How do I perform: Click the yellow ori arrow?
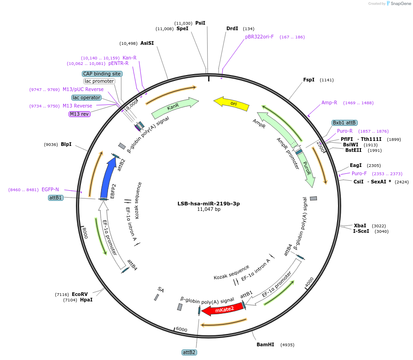(232, 103)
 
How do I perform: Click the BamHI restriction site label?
(265, 344)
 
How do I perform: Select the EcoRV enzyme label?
(80, 294)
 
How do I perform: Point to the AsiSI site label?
(147, 43)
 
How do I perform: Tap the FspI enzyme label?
(309, 80)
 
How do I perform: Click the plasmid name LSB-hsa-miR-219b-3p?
(209, 204)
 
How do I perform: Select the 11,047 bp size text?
(209, 210)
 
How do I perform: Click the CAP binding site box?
(102, 74)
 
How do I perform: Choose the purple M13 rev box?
(80, 114)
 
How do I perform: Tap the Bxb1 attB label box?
(344, 123)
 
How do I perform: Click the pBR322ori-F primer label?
(259, 37)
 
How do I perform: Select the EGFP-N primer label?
(50, 189)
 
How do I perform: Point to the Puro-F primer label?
(359, 173)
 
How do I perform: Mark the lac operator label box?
(86, 97)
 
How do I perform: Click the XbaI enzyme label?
(360, 226)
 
